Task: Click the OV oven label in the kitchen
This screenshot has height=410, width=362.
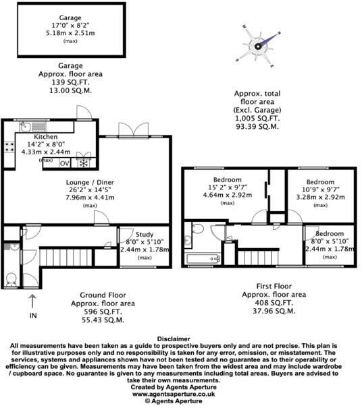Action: coord(64,163)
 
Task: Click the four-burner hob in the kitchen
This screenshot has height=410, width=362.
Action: coord(9,147)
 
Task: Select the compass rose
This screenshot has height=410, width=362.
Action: coord(258,47)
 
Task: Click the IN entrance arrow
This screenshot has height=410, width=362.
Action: coord(32,301)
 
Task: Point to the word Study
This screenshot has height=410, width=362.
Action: coord(145,235)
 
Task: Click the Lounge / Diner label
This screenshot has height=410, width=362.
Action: coord(90,182)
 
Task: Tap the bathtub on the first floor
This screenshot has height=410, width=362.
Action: coord(203,259)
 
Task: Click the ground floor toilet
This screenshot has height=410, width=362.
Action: coord(11,280)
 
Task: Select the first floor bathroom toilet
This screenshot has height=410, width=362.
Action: coord(198,229)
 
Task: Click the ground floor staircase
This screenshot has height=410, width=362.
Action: coord(66,257)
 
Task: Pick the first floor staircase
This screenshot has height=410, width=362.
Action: coord(258,258)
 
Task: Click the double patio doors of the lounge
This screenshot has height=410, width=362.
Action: coord(133,129)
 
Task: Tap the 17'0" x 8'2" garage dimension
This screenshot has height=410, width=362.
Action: coord(70,26)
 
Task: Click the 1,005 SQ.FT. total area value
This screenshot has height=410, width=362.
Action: coord(257,119)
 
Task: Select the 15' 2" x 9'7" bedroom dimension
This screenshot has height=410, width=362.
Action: coord(228,187)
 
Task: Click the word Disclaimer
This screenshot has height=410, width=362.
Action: coord(174,339)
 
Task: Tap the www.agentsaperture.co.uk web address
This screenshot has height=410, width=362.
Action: coord(174,394)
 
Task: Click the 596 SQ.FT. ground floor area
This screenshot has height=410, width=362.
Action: coord(103,312)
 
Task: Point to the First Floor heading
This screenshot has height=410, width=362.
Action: coord(274,287)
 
